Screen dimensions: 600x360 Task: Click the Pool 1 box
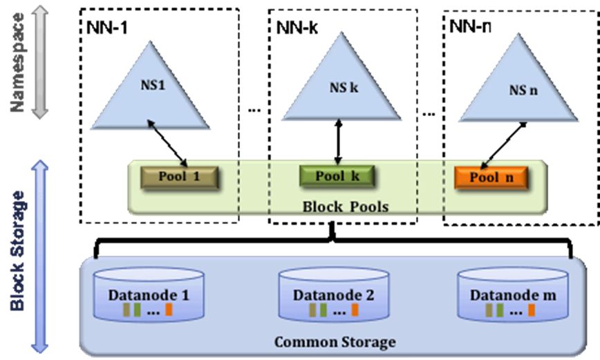point(180,178)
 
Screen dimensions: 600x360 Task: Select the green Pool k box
point(337,176)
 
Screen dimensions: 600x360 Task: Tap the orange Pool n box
point(491,178)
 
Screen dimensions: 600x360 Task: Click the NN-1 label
point(106,28)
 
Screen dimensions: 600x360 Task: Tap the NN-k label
point(297,27)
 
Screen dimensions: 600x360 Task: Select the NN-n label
point(470,26)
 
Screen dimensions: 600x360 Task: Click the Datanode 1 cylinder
point(149,294)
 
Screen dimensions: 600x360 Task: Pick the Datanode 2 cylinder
point(334,294)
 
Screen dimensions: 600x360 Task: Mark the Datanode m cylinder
point(513,294)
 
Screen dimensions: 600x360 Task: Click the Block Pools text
point(346,207)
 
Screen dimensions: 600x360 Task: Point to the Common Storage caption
point(335,341)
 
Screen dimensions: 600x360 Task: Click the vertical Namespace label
point(17,63)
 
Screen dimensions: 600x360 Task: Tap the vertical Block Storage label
point(17,251)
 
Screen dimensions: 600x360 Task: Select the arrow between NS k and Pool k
point(338,142)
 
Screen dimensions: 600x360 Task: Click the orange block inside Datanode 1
point(169,310)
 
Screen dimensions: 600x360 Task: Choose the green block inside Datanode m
point(500,310)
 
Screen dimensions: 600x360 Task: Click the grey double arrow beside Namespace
point(40,61)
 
